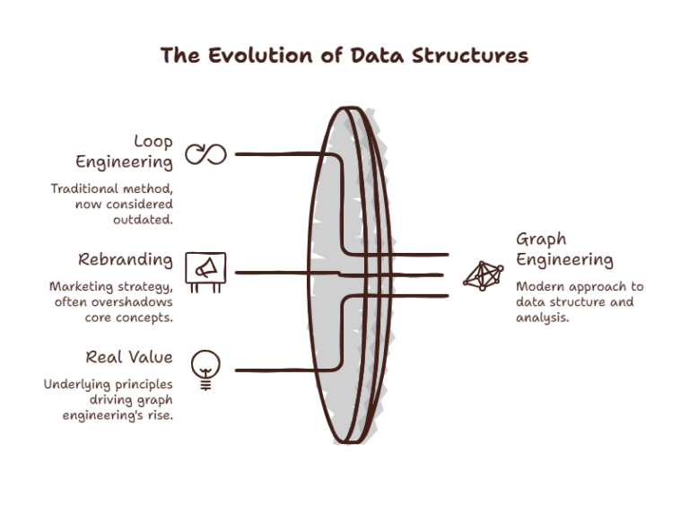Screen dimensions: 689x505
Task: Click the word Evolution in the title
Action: pyautogui.click(x=261, y=56)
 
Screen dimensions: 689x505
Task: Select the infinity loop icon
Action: pyautogui.click(x=205, y=154)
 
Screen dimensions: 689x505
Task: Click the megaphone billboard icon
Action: pyautogui.click(x=205, y=272)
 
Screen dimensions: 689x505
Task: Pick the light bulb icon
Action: pyautogui.click(x=205, y=370)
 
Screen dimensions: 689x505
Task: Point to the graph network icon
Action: pyautogui.click(x=484, y=275)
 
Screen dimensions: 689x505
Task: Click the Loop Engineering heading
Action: pyautogui.click(x=125, y=152)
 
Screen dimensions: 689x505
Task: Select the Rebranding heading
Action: pyautogui.click(x=126, y=260)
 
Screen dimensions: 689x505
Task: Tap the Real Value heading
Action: pyautogui.click(x=129, y=357)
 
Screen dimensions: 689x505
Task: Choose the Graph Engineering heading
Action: pyautogui.click(x=564, y=249)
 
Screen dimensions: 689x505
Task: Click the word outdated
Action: pyautogui.click(x=143, y=220)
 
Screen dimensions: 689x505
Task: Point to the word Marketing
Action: pyautogui.click(x=82, y=286)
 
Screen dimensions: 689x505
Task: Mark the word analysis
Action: pyautogui.click(x=542, y=318)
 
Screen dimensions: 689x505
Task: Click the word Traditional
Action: pyautogui.click(x=84, y=188)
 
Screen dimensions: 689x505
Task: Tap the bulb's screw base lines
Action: pyautogui.click(x=205, y=386)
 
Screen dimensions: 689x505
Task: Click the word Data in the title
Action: pyautogui.click(x=377, y=56)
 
